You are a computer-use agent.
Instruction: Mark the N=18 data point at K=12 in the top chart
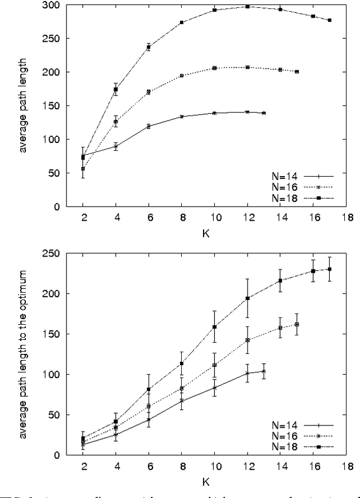(x=247, y=7)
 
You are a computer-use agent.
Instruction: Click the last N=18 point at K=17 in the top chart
(x=330, y=20)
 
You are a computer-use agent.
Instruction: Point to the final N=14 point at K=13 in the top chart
(x=264, y=113)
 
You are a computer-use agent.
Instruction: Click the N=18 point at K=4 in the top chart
(x=116, y=89)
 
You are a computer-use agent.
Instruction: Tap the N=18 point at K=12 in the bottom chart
(x=247, y=298)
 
